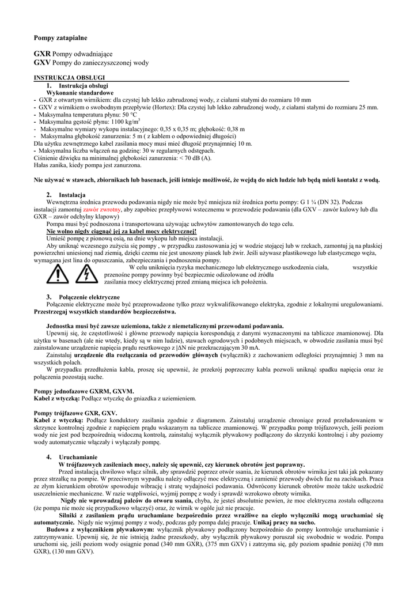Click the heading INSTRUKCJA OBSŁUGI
click(69, 77)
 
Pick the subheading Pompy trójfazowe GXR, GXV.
click(75, 414)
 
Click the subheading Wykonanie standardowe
click(79, 92)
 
